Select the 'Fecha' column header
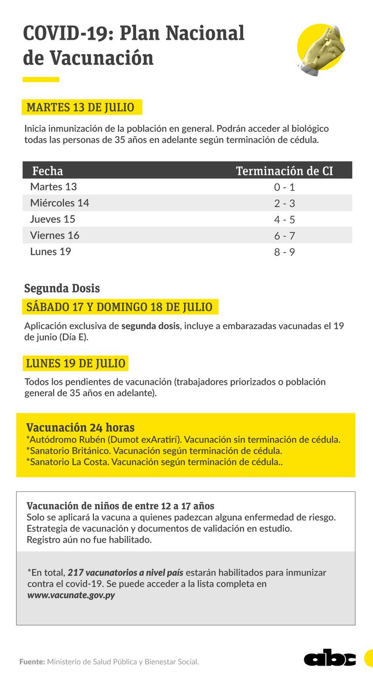pos(47,171)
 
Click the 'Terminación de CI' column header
pos(284,171)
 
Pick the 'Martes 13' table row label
pos(53,187)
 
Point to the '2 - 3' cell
pos(284,204)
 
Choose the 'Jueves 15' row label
pos(52,219)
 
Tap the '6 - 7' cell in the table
pos(284,236)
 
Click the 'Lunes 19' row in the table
pos(50,252)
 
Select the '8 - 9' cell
pos(284,253)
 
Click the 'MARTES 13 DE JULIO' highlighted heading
pos(80,107)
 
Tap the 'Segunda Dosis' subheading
pos(62,289)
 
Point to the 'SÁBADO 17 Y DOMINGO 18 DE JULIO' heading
pos(119,307)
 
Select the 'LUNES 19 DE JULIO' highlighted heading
pos(76,363)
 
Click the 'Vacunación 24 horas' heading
pos(80,427)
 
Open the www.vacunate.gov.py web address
pos(71,595)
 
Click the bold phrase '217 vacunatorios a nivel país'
pos(125,573)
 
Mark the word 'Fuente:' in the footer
pos(32,662)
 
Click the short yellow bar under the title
pos(41,79)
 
